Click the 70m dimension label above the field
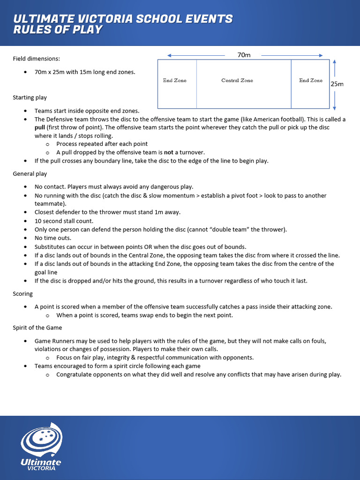[244, 55]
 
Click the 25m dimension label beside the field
[337, 84]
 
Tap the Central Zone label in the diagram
[237, 81]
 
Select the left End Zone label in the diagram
[174, 81]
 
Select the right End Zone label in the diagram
[311, 81]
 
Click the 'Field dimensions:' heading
[36, 59]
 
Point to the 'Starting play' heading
[30, 97]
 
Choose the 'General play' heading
[30, 174]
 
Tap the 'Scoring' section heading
[22, 294]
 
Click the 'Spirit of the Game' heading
[37, 328]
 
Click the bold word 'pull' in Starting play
[40, 127]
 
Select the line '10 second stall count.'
[64, 221]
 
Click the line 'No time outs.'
[52, 238]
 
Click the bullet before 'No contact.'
[25, 187]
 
